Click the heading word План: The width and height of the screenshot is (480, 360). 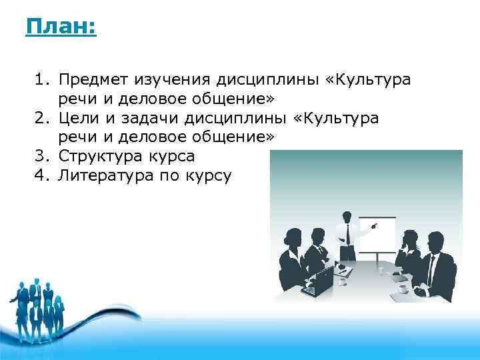61,28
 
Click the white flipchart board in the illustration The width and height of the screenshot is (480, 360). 377,233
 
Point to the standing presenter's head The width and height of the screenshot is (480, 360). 347,216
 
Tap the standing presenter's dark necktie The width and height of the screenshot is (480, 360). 347,233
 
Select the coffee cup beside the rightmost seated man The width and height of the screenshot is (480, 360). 403,289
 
